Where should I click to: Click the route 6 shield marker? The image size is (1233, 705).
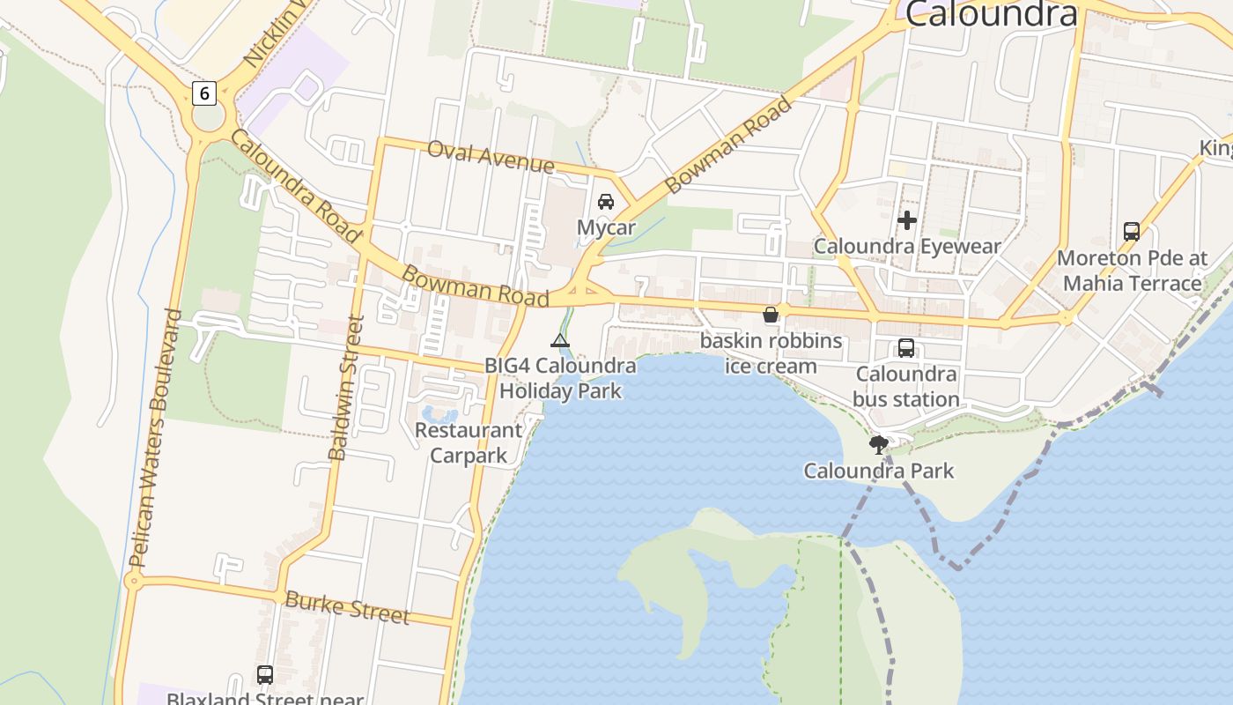tap(203, 93)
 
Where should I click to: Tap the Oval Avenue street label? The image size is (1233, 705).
tap(491, 157)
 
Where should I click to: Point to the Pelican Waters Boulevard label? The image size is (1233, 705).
tap(155, 438)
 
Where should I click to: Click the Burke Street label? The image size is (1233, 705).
tap(347, 608)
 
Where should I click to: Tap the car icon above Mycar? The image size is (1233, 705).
tap(606, 202)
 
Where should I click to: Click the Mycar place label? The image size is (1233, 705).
tap(606, 227)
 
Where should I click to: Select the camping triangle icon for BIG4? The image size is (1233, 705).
tap(559, 341)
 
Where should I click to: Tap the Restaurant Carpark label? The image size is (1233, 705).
tap(469, 442)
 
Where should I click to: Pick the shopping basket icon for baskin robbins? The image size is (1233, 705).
tap(771, 315)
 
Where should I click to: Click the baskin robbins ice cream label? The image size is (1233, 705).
tap(771, 352)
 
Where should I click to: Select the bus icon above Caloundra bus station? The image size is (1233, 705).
tap(906, 348)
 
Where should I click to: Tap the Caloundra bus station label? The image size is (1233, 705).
tap(906, 386)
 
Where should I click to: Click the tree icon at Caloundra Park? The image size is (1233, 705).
tap(878, 445)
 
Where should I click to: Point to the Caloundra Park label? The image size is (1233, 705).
tap(878, 471)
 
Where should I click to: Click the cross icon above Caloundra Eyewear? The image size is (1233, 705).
tap(907, 220)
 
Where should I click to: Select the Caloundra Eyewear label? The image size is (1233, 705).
tap(907, 246)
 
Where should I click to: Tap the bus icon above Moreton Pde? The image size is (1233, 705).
tap(1132, 232)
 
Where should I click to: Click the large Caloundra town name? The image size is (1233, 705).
tap(991, 14)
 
